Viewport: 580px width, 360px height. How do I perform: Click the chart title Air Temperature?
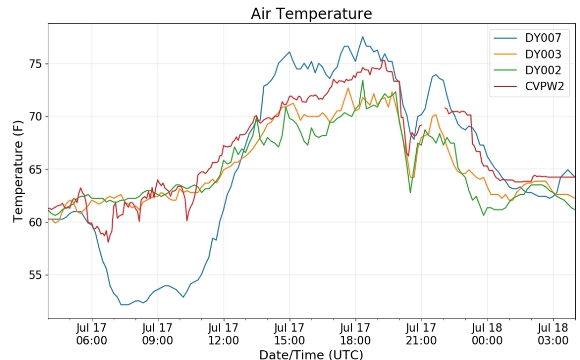[311, 13]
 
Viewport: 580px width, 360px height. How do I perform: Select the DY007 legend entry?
[528, 38]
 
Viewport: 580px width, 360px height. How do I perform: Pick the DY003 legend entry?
[528, 54]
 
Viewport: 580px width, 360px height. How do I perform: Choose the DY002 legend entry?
[528, 70]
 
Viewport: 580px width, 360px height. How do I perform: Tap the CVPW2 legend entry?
[530, 86]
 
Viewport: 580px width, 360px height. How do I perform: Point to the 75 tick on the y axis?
[36, 64]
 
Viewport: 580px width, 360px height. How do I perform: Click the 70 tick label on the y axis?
[36, 117]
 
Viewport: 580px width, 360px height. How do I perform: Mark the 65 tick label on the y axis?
[36, 169]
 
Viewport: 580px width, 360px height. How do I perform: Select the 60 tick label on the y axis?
[36, 222]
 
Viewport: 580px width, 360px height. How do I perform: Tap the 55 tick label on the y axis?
[36, 275]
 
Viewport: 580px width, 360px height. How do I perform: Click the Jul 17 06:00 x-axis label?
[92, 334]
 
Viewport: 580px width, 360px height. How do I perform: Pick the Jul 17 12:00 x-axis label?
[223, 334]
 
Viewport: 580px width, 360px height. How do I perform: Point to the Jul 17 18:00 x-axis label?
[356, 334]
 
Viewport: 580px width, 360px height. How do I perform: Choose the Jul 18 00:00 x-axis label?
[487, 334]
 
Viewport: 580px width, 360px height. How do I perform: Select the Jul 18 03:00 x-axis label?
[553, 334]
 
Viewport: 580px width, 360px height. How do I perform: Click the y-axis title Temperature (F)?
[18, 171]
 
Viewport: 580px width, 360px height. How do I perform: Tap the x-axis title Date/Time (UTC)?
[311, 354]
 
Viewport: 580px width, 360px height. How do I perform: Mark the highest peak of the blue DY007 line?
[363, 37]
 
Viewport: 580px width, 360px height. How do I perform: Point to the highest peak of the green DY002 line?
[363, 80]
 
